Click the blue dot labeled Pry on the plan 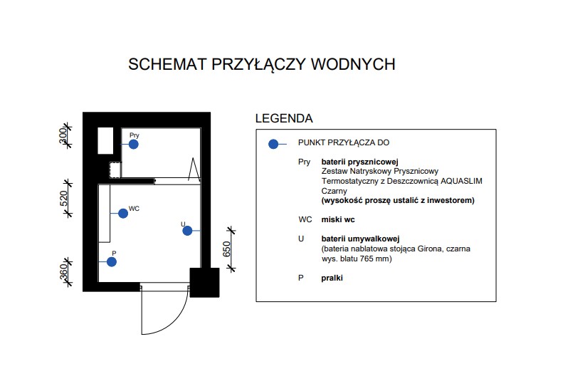134,144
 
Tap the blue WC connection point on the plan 123,213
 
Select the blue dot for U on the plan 187,231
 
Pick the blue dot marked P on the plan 112,261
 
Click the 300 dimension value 64,135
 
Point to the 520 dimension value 64,199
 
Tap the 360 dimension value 64,271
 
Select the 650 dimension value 226,249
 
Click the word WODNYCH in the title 353,64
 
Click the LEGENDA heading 284,118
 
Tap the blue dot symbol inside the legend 273,144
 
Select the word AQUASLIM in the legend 461,181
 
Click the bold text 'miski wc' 338,219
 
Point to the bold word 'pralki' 332,278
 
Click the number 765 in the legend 366,259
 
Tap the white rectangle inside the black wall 105,141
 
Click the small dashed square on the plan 115,170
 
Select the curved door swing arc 172,318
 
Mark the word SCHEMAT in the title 167,64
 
